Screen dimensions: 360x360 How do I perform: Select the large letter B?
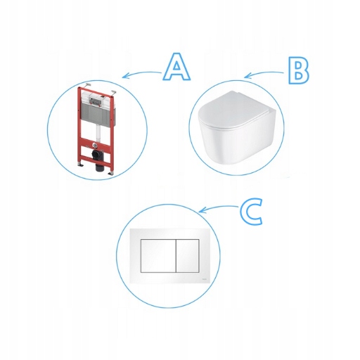[x=298, y=70]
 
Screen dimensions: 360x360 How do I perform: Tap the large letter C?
[x=251, y=212]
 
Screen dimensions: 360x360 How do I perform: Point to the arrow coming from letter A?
[x=141, y=74]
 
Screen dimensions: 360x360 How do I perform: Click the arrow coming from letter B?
[x=264, y=74]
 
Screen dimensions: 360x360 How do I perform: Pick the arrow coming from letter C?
[x=218, y=208]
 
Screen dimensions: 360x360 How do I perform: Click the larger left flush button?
[x=158, y=256]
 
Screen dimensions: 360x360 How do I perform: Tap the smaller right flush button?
[x=188, y=256]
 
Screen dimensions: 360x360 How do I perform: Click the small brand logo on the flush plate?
[x=205, y=278]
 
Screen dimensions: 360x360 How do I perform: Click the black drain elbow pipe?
[x=98, y=160]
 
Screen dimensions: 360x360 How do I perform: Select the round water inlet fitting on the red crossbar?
[x=95, y=145]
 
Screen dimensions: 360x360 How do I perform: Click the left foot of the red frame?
[x=80, y=165]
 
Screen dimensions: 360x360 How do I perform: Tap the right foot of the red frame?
[x=110, y=174]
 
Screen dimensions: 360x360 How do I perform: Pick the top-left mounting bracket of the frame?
[x=88, y=85]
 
